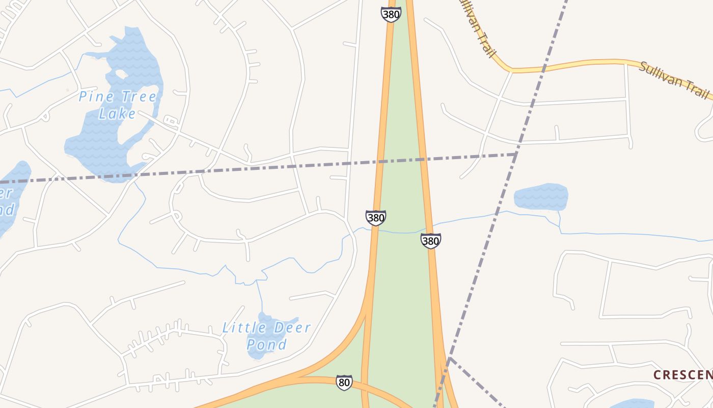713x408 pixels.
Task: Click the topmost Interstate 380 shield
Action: click(x=391, y=14)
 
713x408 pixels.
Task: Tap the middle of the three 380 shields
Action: click(x=375, y=218)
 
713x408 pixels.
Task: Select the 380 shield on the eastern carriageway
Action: click(x=430, y=241)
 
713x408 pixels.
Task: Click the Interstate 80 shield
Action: click(x=344, y=382)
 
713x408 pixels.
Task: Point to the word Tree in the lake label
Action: click(x=137, y=96)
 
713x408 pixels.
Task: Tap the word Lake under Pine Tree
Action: click(x=117, y=113)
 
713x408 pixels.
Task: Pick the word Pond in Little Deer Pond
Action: click(x=267, y=344)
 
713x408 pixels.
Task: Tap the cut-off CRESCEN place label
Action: click(x=682, y=375)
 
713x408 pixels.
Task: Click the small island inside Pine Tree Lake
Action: click(x=121, y=74)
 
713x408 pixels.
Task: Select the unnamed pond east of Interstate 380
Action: click(x=540, y=197)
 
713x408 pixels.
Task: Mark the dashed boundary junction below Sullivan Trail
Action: click(x=516, y=154)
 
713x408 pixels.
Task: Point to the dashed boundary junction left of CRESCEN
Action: click(x=449, y=359)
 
